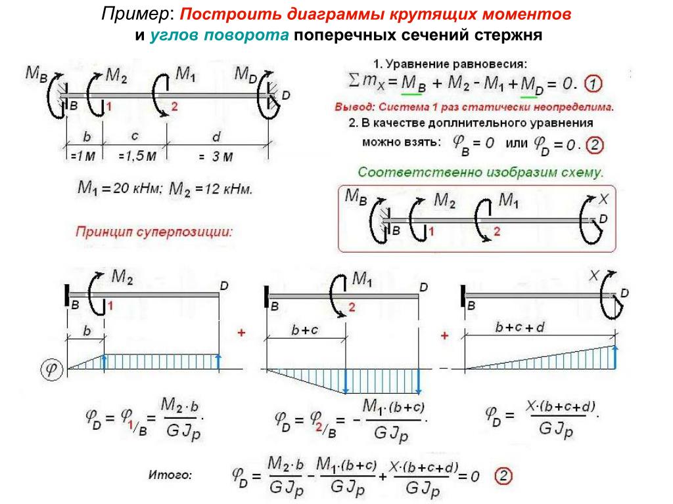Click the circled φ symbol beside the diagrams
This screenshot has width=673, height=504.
53,369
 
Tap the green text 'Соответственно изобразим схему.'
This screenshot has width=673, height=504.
480,172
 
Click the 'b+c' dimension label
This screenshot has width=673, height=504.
305,330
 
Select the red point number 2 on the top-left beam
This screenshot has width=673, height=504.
174,106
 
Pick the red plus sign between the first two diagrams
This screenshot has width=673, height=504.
241,333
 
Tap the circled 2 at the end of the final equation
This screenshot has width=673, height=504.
502,475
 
